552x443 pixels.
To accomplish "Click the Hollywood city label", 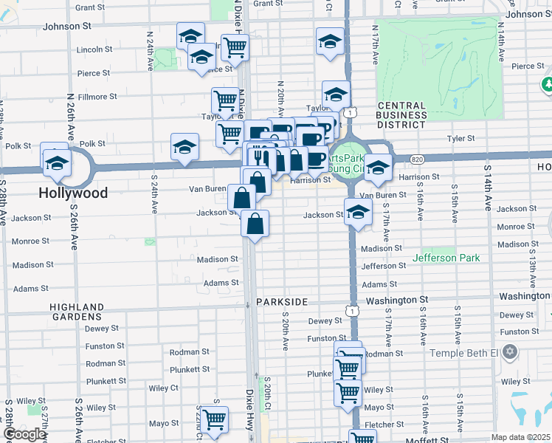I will (74, 193).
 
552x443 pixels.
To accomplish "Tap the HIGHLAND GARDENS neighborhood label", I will (77, 312).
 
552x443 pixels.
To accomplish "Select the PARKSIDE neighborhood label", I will (280, 303).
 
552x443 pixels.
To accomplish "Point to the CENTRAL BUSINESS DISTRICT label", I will (401, 114).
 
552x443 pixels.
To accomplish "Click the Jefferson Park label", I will (446, 258).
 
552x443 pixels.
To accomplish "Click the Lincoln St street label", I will (94, 49).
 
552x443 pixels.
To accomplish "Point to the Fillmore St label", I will (98, 97).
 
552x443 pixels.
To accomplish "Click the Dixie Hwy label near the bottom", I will (249, 410).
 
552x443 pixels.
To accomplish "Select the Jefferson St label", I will (384, 266).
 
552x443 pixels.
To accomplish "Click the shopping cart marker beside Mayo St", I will (215, 420).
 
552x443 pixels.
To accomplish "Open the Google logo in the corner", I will (24, 434).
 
